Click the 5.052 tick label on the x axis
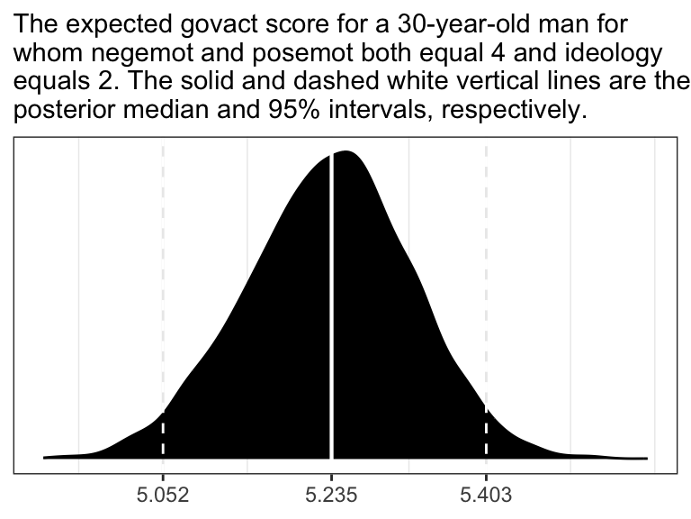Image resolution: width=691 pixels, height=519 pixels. click(x=163, y=494)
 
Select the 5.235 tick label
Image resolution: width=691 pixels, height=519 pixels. click(x=332, y=494)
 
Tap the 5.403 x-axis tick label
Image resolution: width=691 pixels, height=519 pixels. click(x=486, y=494)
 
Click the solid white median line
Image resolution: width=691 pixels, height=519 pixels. click(x=332, y=315)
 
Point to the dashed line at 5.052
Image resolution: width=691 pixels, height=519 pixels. click(x=163, y=270)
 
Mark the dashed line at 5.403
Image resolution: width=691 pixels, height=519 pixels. click(x=486, y=270)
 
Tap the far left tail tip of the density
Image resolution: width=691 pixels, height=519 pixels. click(x=45, y=457)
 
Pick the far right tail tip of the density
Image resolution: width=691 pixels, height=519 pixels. click(x=645, y=458)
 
